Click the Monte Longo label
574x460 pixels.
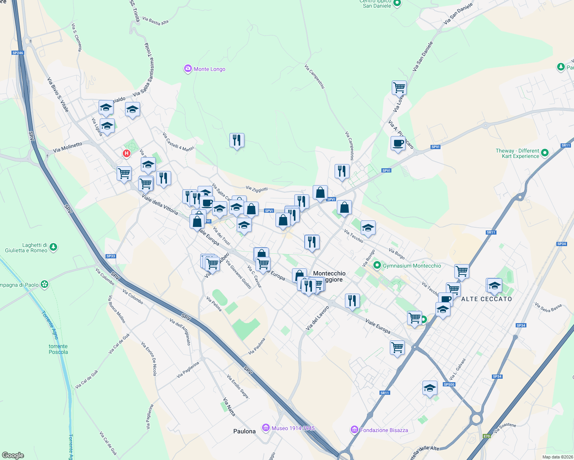coord(209,69)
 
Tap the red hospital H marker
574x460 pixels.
coord(126,154)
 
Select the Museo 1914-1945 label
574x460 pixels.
coord(293,428)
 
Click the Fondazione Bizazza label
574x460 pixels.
coord(384,430)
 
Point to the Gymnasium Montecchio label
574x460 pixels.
coord(412,266)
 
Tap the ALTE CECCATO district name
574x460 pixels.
coord(487,299)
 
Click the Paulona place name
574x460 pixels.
coord(244,431)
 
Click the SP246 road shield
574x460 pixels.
coord(18,53)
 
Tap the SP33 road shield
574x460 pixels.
coord(111,256)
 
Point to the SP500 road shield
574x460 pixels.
coord(449,384)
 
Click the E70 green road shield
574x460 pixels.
coord(487,436)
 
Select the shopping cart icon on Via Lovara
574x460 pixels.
coord(399,87)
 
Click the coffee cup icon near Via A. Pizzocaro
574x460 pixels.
coord(398,144)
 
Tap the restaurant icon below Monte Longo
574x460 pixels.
coord(237,140)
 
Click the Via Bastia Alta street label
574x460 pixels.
coord(155,21)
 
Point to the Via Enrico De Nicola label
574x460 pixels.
coord(149,359)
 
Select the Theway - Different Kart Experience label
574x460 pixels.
coord(517,153)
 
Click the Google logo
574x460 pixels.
coord(13,455)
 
